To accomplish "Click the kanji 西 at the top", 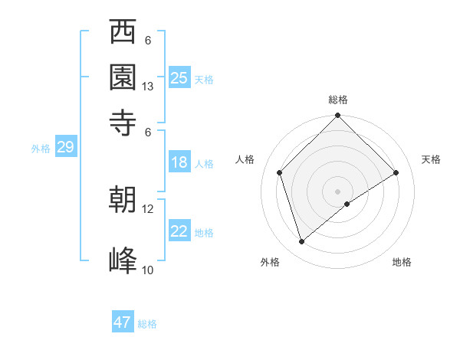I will [x=123, y=33].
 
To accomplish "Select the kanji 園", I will [x=123, y=77].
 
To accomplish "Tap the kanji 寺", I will [x=123, y=122].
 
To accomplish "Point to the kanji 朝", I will [x=123, y=200].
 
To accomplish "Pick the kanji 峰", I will [x=123, y=260].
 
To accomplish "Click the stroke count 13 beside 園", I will [x=148, y=87].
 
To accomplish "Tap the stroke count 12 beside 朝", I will [x=148, y=208].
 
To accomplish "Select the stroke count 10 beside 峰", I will [x=148, y=270].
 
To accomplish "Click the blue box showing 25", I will [x=179, y=78].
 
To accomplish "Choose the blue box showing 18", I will [x=179, y=162].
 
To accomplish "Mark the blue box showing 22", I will [x=179, y=231].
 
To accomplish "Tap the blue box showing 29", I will [x=65, y=148].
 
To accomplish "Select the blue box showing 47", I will [x=123, y=322].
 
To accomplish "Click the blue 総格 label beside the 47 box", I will [x=148, y=324].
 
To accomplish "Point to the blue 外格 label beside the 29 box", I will [x=40, y=149].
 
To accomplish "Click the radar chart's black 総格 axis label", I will [x=338, y=100].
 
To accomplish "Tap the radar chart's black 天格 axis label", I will [x=432, y=159].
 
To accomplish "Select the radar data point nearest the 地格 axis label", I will [x=347, y=204].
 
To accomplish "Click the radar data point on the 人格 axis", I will [x=280, y=172].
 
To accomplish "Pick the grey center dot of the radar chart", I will [x=338, y=191].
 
